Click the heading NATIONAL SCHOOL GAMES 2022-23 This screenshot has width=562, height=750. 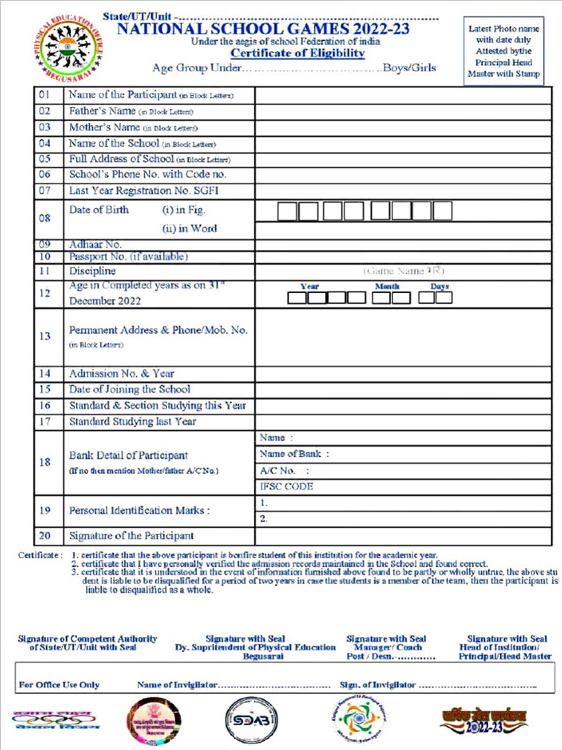click(x=263, y=29)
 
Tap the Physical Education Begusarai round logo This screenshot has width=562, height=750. click(x=62, y=51)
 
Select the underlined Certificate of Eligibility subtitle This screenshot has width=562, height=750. click(x=298, y=53)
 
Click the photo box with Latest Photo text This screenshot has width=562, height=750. click(x=503, y=51)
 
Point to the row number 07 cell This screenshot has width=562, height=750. click(x=45, y=190)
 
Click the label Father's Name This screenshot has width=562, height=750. click(x=102, y=111)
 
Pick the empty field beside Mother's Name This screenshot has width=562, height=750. click(x=402, y=127)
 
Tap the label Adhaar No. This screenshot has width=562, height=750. click(x=96, y=245)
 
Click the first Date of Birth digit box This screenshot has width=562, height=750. click(x=287, y=212)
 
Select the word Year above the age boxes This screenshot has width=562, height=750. click(x=310, y=286)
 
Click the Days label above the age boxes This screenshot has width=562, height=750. click(x=440, y=286)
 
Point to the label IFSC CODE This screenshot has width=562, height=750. click(x=286, y=486)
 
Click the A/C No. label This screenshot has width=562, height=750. click(x=278, y=470)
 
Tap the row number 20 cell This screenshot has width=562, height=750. click(x=45, y=536)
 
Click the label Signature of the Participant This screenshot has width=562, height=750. click(x=132, y=536)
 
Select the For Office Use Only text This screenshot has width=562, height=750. click(x=59, y=685)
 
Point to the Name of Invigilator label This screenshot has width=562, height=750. click(x=176, y=685)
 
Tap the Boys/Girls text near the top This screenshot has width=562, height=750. click(x=410, y=68)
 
